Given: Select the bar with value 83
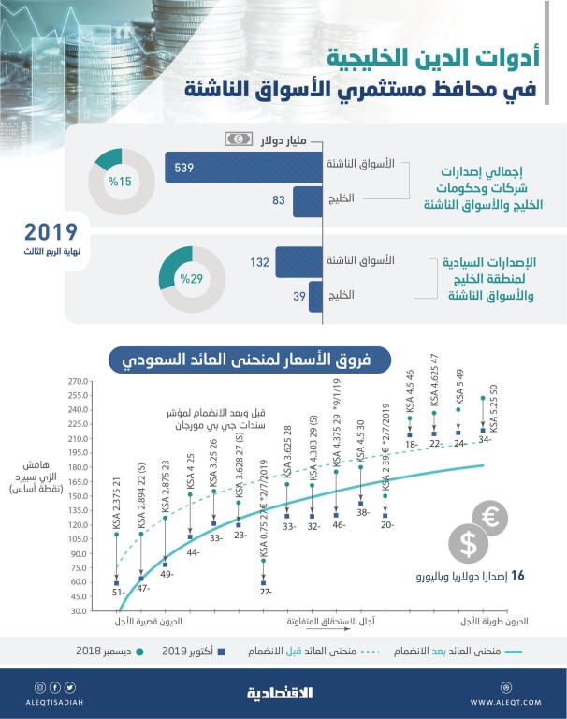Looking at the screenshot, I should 308,200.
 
